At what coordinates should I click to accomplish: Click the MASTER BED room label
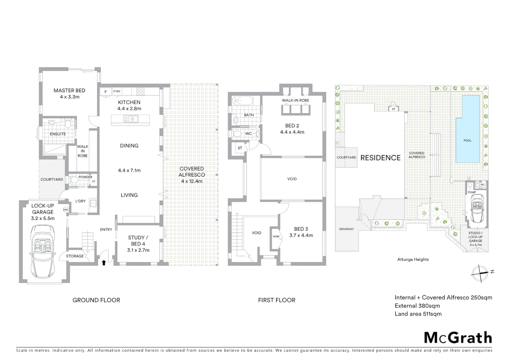[69, 91]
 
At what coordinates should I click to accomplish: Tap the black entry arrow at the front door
[104, 263]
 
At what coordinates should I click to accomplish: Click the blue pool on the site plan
[467, 129]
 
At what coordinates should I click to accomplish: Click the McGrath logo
[458, 338]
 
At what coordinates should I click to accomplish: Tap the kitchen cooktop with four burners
[141, 91]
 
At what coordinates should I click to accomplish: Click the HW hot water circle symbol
[66, 210]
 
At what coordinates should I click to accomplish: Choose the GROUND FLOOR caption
[96, 300]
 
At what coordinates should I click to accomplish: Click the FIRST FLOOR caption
[276, 300]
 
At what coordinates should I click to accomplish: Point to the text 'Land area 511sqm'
[418, 314]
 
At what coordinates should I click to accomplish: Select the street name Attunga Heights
[413, 259]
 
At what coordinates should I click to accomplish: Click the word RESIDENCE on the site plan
[380, 158]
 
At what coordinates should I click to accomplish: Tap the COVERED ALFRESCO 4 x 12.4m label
[192, 175]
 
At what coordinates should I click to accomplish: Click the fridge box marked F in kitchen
[106, 92]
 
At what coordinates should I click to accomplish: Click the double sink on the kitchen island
[131, 119]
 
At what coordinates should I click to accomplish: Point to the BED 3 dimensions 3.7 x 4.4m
[301, 235]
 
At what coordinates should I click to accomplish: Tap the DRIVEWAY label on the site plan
[346, 229]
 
